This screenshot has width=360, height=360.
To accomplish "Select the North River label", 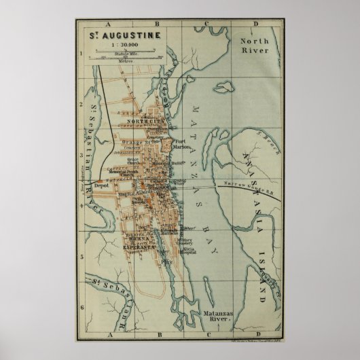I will (x=256, y=46).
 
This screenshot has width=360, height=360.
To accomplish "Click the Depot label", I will (x=101, y=183).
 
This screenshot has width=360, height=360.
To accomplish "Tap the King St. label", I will (x=126, y=194).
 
